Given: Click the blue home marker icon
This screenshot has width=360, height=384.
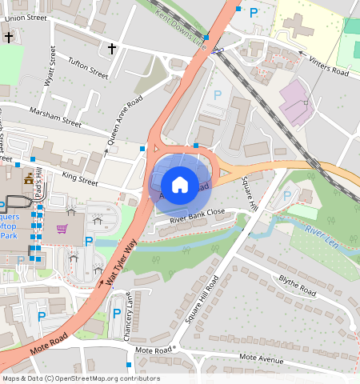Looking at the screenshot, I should pyautogui.click(x=180, y=185).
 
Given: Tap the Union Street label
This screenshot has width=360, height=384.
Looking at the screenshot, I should pyautogui.click(x=25, y=16).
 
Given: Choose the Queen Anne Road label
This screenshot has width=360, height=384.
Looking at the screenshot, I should pyautogui.click(x=125, y=120).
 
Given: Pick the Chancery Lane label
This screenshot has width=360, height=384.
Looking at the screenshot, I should pyautogui.click(x=129, y=313).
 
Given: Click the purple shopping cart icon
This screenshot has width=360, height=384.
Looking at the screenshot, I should pyautogui.click(x=62, y=230).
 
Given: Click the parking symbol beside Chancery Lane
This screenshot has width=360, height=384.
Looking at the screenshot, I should pyautogui.click(x=116, y=314).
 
